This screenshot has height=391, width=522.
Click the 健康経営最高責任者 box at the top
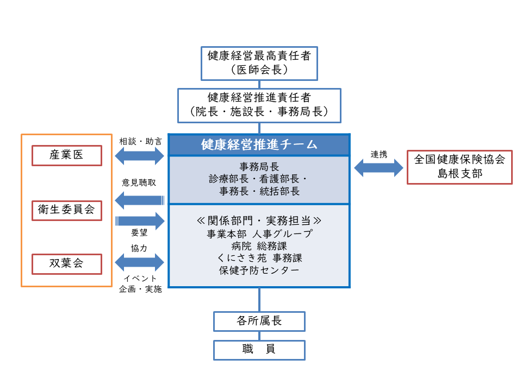click(259, 62)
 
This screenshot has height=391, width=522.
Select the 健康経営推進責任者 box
click(259, 105)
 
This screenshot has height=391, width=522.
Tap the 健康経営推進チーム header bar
click(259, 145)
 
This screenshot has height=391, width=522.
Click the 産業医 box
click(67, 155)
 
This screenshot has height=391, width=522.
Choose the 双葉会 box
click(67, 264)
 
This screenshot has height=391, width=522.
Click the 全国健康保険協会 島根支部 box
click(459, 166)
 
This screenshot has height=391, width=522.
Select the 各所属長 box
click(259, 321)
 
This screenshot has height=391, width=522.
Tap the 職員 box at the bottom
click(259, 350)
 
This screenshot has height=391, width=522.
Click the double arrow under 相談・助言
click(140, 156)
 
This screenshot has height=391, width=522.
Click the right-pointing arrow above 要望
click(140, 220)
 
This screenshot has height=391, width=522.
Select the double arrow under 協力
click(140, 263)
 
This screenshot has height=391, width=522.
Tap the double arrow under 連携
click(379, 167)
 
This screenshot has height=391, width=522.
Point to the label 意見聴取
click(139, 183)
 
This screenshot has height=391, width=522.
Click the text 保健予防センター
click(259, 270)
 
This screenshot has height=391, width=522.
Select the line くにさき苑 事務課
click(259, 258)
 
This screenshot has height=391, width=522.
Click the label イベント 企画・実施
click(140, 284)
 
